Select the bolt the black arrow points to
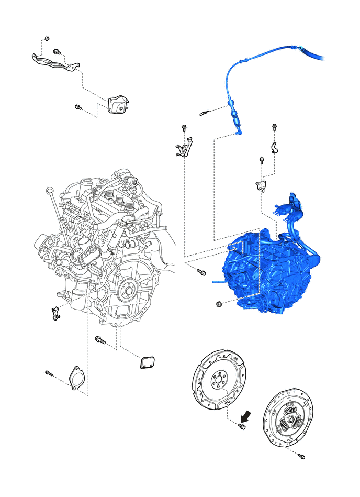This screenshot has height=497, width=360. (x=241, y=427)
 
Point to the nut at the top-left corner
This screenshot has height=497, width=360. (x=47, y=39)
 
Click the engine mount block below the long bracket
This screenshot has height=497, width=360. (x=118, y=104)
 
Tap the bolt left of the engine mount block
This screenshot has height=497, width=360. (x=78, y=107)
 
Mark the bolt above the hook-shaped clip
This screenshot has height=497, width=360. (x=275, y=127)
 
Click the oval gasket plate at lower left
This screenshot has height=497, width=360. (x=77, y=378)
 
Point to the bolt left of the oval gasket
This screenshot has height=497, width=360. (x=49, y=373)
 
